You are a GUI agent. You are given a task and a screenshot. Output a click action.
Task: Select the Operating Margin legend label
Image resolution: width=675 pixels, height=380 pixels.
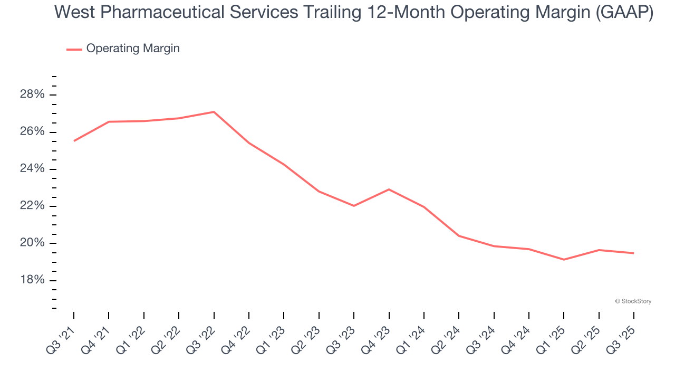(133, 49)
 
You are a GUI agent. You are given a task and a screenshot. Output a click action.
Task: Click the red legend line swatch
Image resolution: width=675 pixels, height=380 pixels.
(74, 49)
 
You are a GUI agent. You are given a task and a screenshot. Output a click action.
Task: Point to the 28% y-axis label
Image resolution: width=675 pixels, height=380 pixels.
(32, 95)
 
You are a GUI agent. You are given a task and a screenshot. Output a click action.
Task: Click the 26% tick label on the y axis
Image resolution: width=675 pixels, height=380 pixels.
(32, 132)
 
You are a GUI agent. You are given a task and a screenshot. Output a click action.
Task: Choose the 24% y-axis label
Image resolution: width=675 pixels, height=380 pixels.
(32, 169)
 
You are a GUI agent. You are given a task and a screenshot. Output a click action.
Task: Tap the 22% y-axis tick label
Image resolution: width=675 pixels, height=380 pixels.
(32, 206)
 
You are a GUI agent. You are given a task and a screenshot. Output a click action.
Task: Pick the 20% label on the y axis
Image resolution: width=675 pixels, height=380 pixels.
(32, 243)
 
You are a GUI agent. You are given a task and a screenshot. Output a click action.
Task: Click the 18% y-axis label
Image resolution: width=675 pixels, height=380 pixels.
(32, 280)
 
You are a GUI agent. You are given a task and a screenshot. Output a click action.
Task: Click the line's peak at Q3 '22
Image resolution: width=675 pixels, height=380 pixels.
(214, 112)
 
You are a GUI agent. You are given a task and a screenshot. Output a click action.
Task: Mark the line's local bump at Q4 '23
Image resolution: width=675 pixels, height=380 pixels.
(389, 189)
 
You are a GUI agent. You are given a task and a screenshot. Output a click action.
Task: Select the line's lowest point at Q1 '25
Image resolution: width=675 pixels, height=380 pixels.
(564, 260)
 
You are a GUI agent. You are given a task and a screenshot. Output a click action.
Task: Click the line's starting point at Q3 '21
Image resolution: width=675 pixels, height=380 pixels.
(74, 141)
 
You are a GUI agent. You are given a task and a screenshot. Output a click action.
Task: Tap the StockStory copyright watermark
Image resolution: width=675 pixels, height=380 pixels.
(633, 301)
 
